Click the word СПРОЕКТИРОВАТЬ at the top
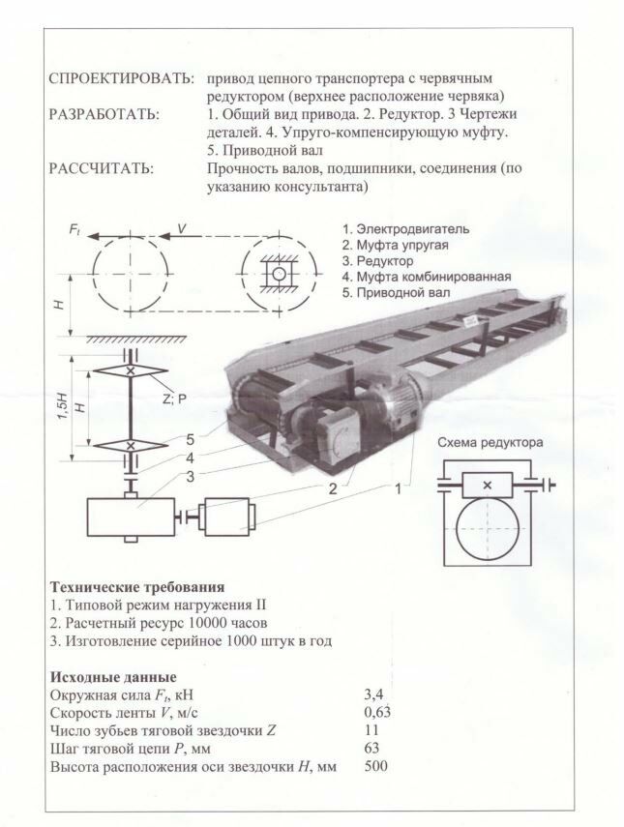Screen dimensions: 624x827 [x=119, y=76]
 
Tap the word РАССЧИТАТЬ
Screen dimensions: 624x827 [x=101, y=168]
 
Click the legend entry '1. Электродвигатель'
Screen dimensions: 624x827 [x=405, y=229]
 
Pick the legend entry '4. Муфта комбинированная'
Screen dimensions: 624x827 [x=426, y=277]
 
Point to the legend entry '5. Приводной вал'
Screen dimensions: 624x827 [x=396, y=292]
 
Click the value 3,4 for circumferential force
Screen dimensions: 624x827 [x=374, y=694]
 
